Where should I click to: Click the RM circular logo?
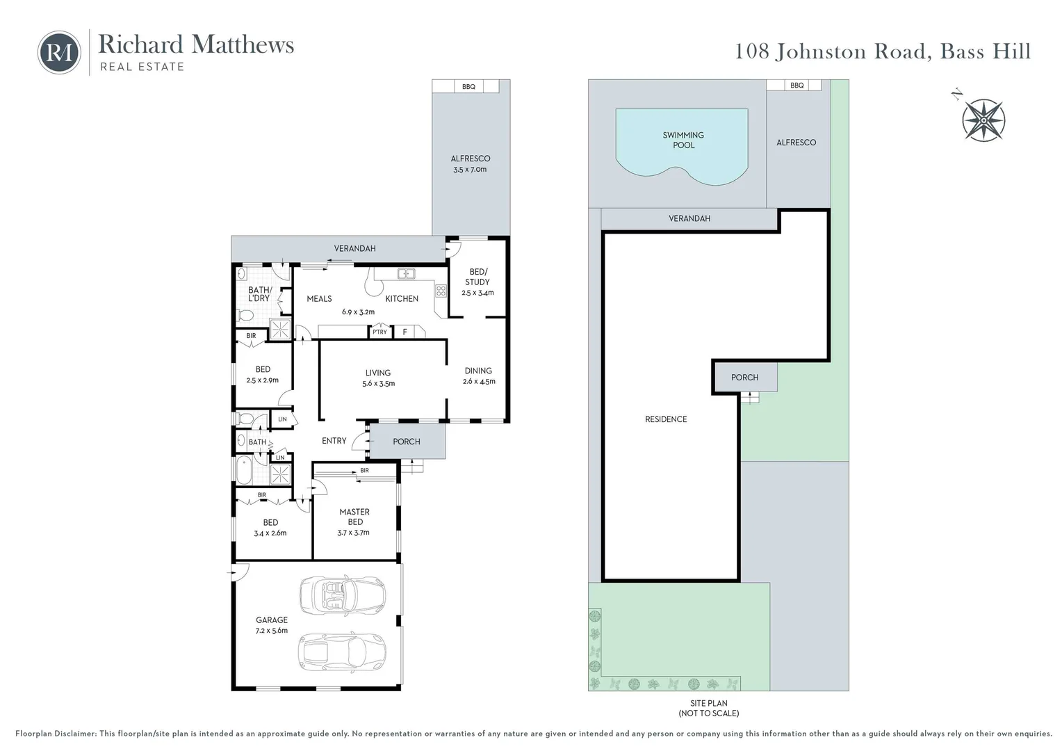coord(59,52)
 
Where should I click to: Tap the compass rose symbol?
coord(983,120)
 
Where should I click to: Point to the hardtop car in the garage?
coord(342,652)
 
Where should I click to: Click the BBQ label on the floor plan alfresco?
coord(468,87)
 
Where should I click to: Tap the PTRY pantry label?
coord(379,332)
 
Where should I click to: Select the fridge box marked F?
coord(405,332)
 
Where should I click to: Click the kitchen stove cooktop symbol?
coord(441,291)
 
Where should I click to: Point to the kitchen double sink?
coord(406,274)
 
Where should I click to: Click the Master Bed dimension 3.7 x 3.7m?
coord(354,533)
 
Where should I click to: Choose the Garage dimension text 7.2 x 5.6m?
coord(271,631)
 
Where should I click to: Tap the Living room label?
coord(378,373)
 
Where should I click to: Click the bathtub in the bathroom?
coord(244,471)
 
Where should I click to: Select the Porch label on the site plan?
coord(744,378)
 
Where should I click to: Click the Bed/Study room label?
coord(477,277)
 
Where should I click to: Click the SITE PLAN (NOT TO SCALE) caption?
coord(708,708)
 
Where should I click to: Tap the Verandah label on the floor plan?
coord(354,248)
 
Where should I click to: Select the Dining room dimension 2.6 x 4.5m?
coord(479,381)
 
